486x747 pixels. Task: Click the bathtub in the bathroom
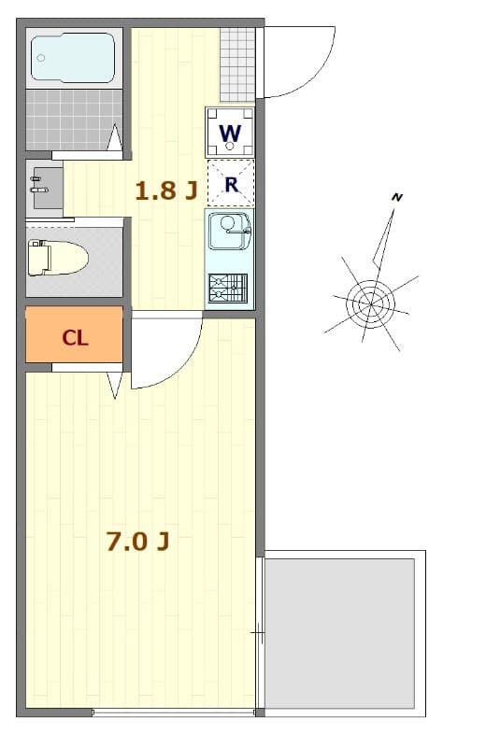pos(73,58)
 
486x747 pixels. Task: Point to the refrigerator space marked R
pos(230,184)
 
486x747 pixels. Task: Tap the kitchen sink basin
pos(227,231)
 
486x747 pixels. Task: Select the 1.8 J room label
pos(165,191)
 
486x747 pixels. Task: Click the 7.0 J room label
pos(136,542)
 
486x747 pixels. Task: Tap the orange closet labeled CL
pos(75,337)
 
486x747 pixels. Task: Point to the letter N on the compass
pos(397,197)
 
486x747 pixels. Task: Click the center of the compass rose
pos(370,303)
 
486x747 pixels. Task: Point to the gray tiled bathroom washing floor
pos(73,120)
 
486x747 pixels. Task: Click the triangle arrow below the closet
pos(115,384)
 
